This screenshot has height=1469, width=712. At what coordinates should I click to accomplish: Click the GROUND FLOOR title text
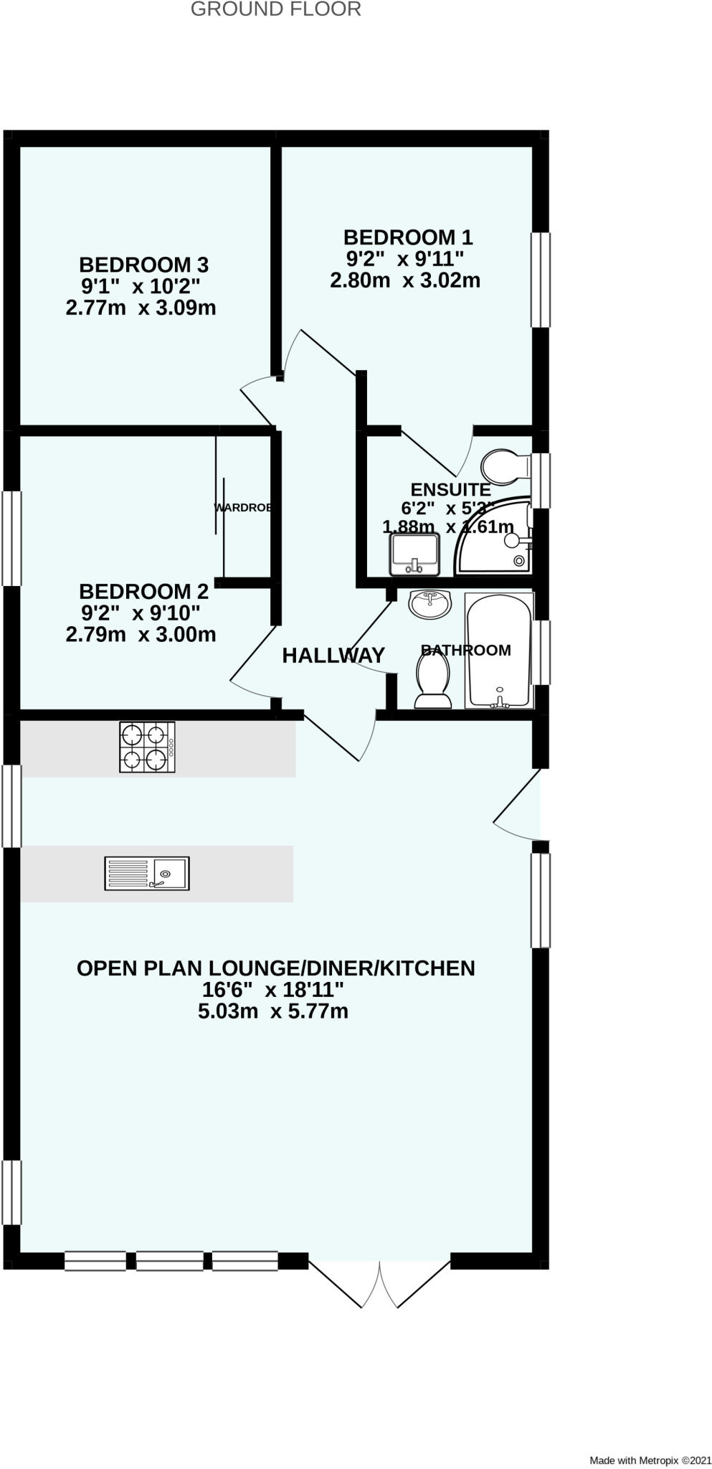point(275,10)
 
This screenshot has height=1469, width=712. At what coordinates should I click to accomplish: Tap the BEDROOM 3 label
point(143,265)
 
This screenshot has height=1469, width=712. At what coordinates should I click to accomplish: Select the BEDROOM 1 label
point(408,237)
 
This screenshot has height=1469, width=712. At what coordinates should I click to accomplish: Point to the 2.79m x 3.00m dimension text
point(141,634)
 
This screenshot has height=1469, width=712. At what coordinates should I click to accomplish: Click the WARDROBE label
point(242,508)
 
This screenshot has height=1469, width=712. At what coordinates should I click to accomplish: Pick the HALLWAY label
point(333,655)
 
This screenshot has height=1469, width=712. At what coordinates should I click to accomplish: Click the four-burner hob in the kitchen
point(147,747)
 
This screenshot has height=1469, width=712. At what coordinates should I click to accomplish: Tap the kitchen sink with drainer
point(147,873)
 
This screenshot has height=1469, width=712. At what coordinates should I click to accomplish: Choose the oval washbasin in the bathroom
point(430,604)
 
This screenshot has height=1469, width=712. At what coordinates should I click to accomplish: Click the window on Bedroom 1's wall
point(541,280)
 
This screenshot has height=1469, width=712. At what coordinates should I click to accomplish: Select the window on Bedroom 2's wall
point(11,538)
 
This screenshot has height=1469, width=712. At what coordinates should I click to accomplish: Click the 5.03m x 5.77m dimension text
point(273,1011)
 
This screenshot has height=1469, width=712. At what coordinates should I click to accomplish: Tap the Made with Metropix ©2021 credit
point(650,1460)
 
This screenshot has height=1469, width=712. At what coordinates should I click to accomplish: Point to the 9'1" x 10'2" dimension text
point(141,286)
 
